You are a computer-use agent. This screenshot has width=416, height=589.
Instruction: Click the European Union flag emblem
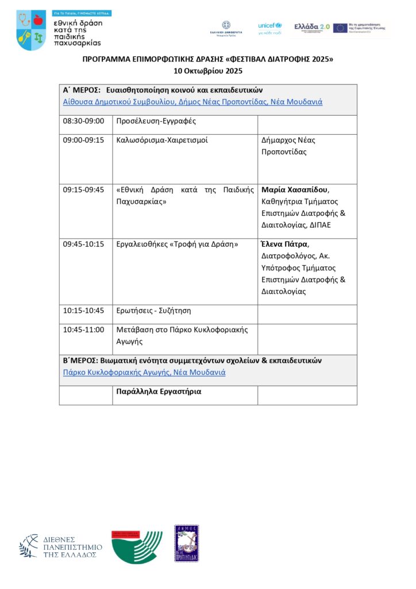[x=340, y=28]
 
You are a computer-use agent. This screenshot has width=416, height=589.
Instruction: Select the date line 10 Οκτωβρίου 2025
[x=207, y=71]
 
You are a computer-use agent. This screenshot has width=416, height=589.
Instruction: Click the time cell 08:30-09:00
[x=83, y=121]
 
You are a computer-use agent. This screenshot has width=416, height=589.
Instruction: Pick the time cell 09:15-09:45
[x=83, y=189]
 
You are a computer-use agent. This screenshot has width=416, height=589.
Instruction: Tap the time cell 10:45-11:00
[x=83, y=330]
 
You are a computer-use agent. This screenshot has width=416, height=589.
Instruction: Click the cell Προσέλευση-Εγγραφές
[x=148, y=121]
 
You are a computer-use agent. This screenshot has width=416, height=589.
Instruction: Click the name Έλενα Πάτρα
[x=284, y=244]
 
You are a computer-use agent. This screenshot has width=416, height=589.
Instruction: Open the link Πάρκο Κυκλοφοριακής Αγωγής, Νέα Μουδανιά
[x=144, y=372]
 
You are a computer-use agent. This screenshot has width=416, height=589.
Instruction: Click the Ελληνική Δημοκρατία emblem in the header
[x=226, y=28]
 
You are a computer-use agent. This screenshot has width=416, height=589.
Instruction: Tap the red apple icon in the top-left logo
[x=38, y=21]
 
